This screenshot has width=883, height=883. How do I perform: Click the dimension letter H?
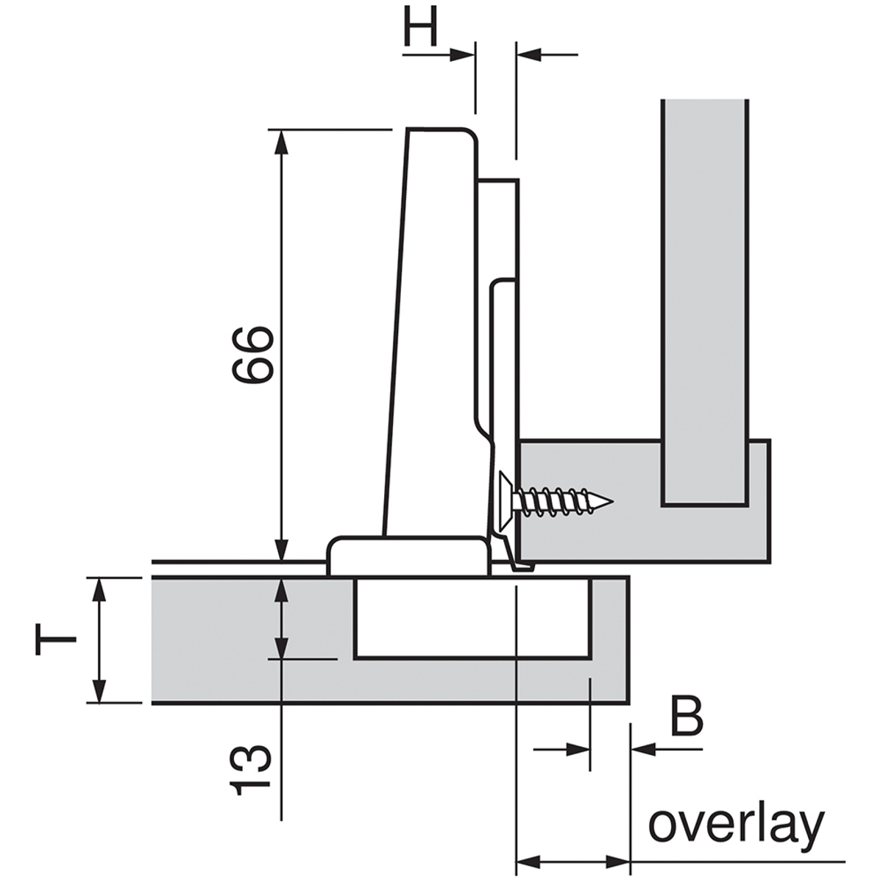pyautogui.click(x=421, y=28)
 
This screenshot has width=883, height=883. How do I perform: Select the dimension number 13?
pyautogui.click(x=251, y=770)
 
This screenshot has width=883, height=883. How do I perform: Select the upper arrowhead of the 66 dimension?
pyautogui.click(x=280, y=140)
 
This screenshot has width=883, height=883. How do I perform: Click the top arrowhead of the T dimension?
pyautogui.click(x=98, y=589)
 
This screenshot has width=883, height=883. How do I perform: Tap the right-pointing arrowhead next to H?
pyautogui.click(x=464, y=53)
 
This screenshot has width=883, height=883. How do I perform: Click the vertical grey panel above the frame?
pyautogui.click(x=705, y=294)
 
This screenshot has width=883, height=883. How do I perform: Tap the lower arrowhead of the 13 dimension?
pyautogui.click(x=280, y=648)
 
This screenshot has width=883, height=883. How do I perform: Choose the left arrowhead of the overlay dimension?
pyautogui.click(x=527, y=860)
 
